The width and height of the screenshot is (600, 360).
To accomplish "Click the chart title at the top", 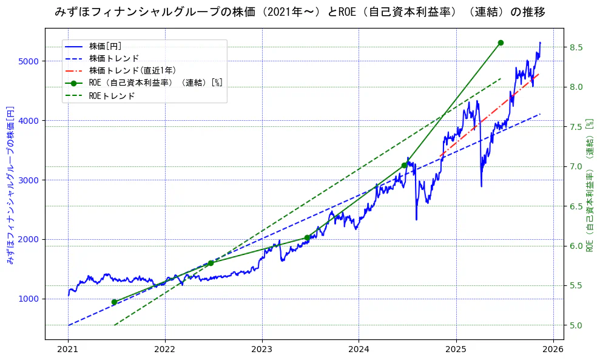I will click(x=300, y=12).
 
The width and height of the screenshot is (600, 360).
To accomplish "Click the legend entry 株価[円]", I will click(x=106, y=46).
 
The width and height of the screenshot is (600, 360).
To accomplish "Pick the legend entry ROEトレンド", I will click(x=112, y=95).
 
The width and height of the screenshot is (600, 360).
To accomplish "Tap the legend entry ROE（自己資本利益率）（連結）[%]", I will click(x=155, y=83).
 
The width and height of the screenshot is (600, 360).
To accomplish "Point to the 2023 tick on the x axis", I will click(x=262, y=349).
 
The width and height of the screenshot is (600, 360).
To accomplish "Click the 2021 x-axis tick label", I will click(x=68, y=349).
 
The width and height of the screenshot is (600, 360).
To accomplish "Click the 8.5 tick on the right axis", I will click(x=576, y=47).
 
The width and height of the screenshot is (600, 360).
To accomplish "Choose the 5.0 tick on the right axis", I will click(x=576, y=325).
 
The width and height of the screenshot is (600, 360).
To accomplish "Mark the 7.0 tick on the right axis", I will click(x=576, y=166).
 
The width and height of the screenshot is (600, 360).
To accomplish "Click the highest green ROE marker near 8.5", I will click(x=501, y=42).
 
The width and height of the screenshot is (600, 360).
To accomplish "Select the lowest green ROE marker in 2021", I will click(x=114, y=302).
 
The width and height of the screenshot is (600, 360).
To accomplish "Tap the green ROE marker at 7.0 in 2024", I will click(x=404, y=165).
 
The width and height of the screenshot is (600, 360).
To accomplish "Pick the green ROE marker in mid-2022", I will click(x=211, y=263).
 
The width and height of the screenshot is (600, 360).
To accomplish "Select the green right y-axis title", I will click(x=590, y=185).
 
